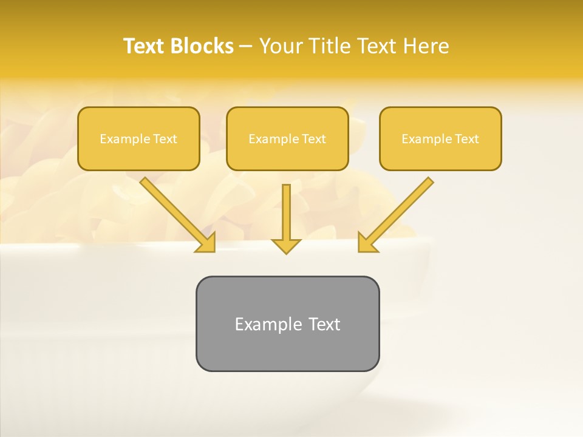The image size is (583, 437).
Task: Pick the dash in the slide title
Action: pos(246,47)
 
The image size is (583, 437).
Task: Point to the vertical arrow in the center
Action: pos(286,212)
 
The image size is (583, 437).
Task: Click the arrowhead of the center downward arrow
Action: pos(286,246)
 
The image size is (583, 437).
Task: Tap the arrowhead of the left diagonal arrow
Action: pos(206,243)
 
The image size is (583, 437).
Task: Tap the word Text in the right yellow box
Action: pos(466,139)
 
